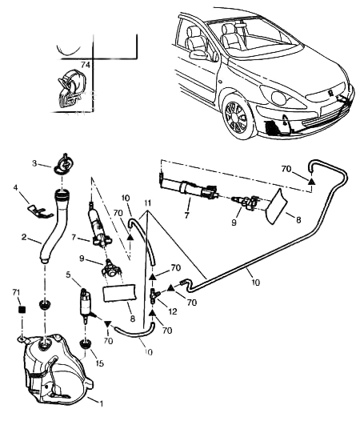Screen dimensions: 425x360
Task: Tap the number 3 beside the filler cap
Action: tap(34, 163)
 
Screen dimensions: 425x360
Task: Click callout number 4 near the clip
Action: tap(14, 188)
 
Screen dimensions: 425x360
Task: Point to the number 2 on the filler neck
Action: tap(23, 238)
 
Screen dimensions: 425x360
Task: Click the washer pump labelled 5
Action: tap(86, 305)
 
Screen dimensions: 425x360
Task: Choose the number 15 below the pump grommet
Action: tap(100, 363)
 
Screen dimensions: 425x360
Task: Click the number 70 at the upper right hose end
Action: tap(285, 169)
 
